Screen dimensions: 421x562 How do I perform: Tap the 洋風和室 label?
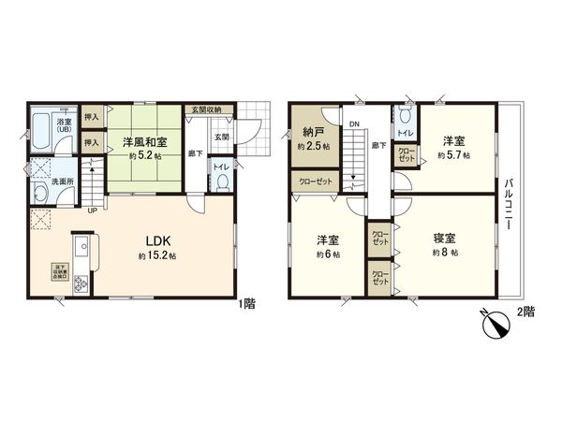[x=144, y=142]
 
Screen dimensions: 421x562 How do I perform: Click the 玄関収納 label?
[x=202, y=109]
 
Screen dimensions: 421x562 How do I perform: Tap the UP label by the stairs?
[x=91, y=210]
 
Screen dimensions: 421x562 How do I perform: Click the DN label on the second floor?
[x=353, y=123]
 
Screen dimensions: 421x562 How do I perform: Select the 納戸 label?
[x=309, y=132]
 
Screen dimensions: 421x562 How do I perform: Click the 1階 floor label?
[x=246, y=303]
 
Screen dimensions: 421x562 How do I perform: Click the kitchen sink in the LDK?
[x=78, y=251]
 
